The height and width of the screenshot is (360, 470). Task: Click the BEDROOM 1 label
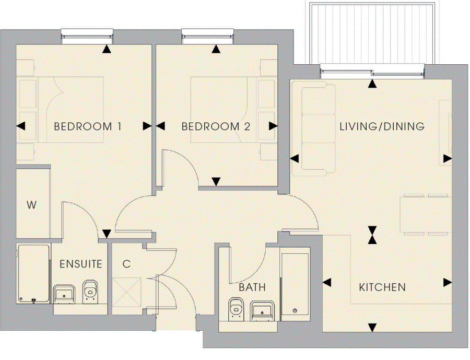pyautogui.click(x=88, y=126)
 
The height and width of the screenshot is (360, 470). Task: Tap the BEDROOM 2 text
pyautogui.click(x=216, y=126)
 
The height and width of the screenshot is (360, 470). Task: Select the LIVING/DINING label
pyautogui.click(x=382, y=126)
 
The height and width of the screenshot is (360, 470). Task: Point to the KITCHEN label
pyautogui.click(x=382, y=287)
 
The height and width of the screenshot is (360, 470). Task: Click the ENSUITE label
pyautogui.click(x=81, y=264)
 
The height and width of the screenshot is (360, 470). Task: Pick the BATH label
pyautogui.click(x=252, y=287)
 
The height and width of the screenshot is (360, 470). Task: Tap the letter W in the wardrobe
pyautogui.click(x=31, y=205)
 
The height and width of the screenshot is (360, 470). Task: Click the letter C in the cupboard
pyautogui.click(x=126, y=264)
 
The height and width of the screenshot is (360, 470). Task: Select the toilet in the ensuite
pyautogui.click(x=90, y=290)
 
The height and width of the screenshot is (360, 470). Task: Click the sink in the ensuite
pyautogui.click(x=64, y=294)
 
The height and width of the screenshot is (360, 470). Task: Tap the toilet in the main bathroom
pyautogui.click(x=236, y=308)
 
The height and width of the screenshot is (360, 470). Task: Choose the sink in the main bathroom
pyautogui.click(x=262, y=310)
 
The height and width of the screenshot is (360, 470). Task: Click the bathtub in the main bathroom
pyautogui.click(x=295, y=284)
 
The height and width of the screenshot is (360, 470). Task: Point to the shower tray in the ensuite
pyautogui.click(x=33, y=273)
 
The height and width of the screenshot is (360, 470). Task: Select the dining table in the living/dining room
pyautogui.click(x=426, y=215)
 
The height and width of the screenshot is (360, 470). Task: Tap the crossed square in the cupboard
pyautogui.click(x=126, y=292)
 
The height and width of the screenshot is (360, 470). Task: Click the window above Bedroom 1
pyautogui.click(x=87, y=36)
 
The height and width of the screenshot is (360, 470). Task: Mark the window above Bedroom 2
pyautogui.click(x=207, y=36)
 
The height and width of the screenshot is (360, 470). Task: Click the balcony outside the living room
pyautogui.click(x=372, y=33)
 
